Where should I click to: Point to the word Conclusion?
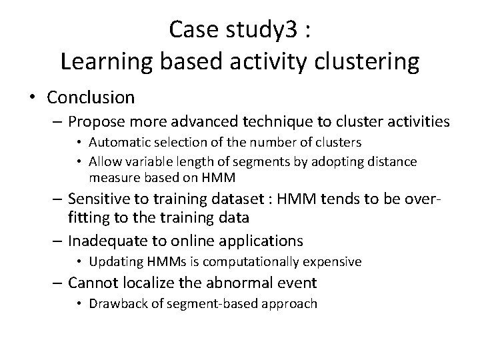point(91,97)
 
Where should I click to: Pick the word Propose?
point(100,122)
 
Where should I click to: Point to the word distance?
point(394,161)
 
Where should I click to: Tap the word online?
point(205,240)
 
